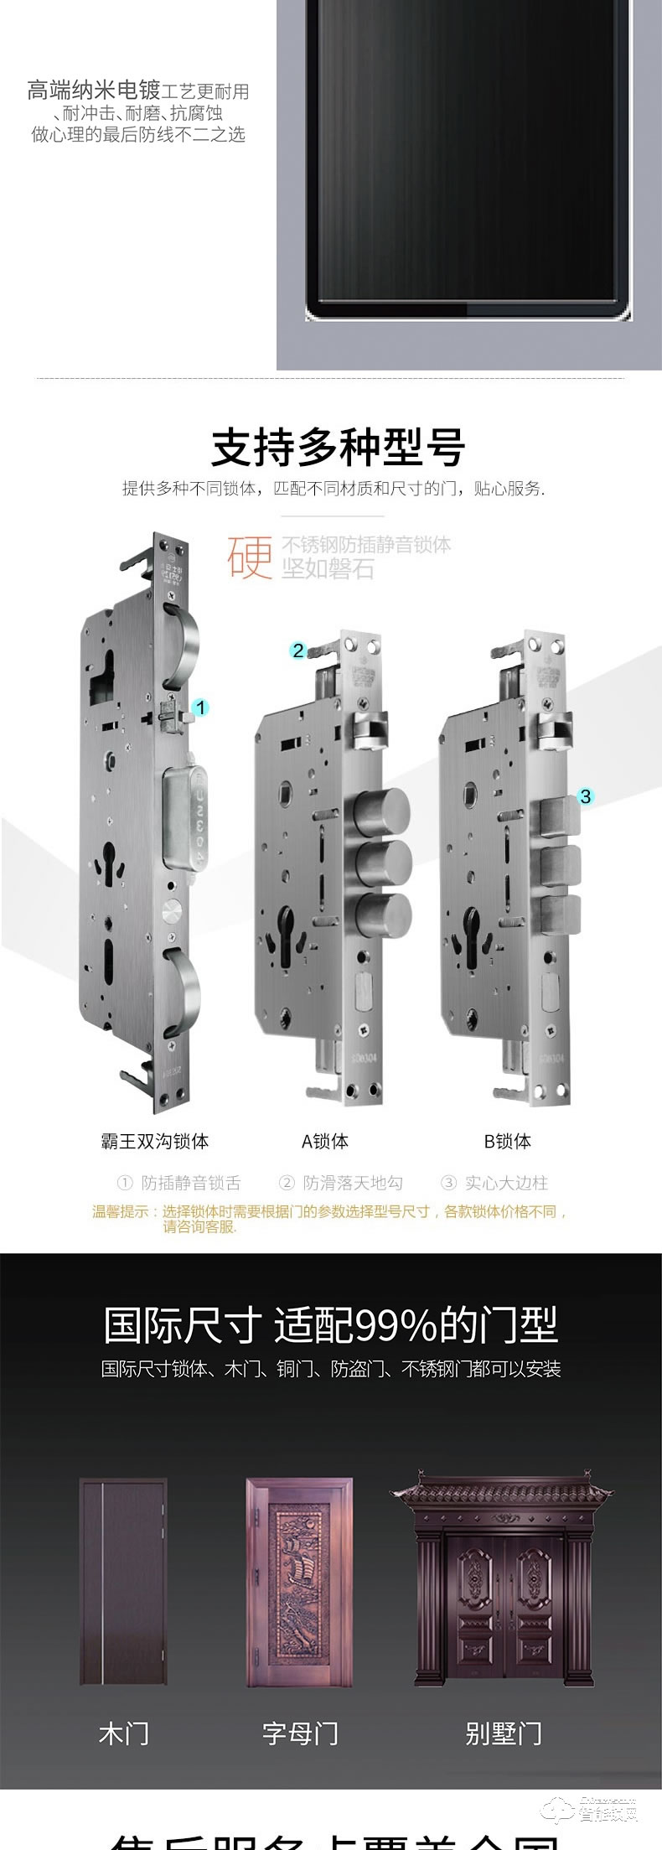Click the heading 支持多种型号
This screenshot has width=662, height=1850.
[x=338, y=447]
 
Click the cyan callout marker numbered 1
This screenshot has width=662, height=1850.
[x=199, y=707]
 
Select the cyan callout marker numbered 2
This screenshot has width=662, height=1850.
[x=298, y=650]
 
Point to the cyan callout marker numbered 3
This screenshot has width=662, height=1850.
[x=585, y=795]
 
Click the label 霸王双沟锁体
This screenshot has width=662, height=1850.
[x=154, y=1141]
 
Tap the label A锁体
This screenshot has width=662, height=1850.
[x=325, y=1141]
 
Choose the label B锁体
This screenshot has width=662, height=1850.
[x=507, y=1141]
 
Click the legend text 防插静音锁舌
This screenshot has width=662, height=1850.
[x=190, y=1183]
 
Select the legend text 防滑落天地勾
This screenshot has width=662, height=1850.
[x=352, y=1183]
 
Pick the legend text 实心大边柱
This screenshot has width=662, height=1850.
[x=505, y=1183]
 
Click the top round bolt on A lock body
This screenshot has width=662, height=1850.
[x=383, y=812]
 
